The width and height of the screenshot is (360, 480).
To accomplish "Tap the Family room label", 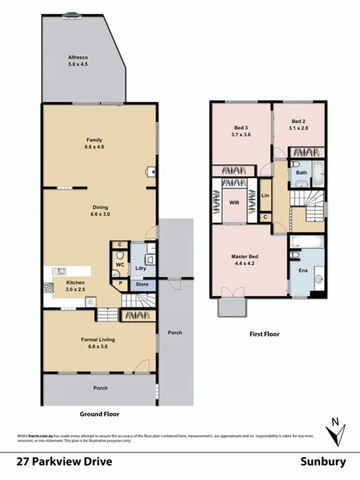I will pyautogui.click(x=93, y=141).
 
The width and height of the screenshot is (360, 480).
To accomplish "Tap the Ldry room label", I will pyautogui.click(x=141, y=268).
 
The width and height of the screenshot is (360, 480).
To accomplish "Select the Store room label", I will pyautogui.click(x=141, y=284).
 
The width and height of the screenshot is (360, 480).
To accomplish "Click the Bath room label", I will pyautogui.click(x=302, y=172).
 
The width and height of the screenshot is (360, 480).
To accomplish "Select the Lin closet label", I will pyautogui.click(x=265, y=196).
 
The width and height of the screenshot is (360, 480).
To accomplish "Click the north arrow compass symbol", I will pyautogui.click(x=335, y=432).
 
